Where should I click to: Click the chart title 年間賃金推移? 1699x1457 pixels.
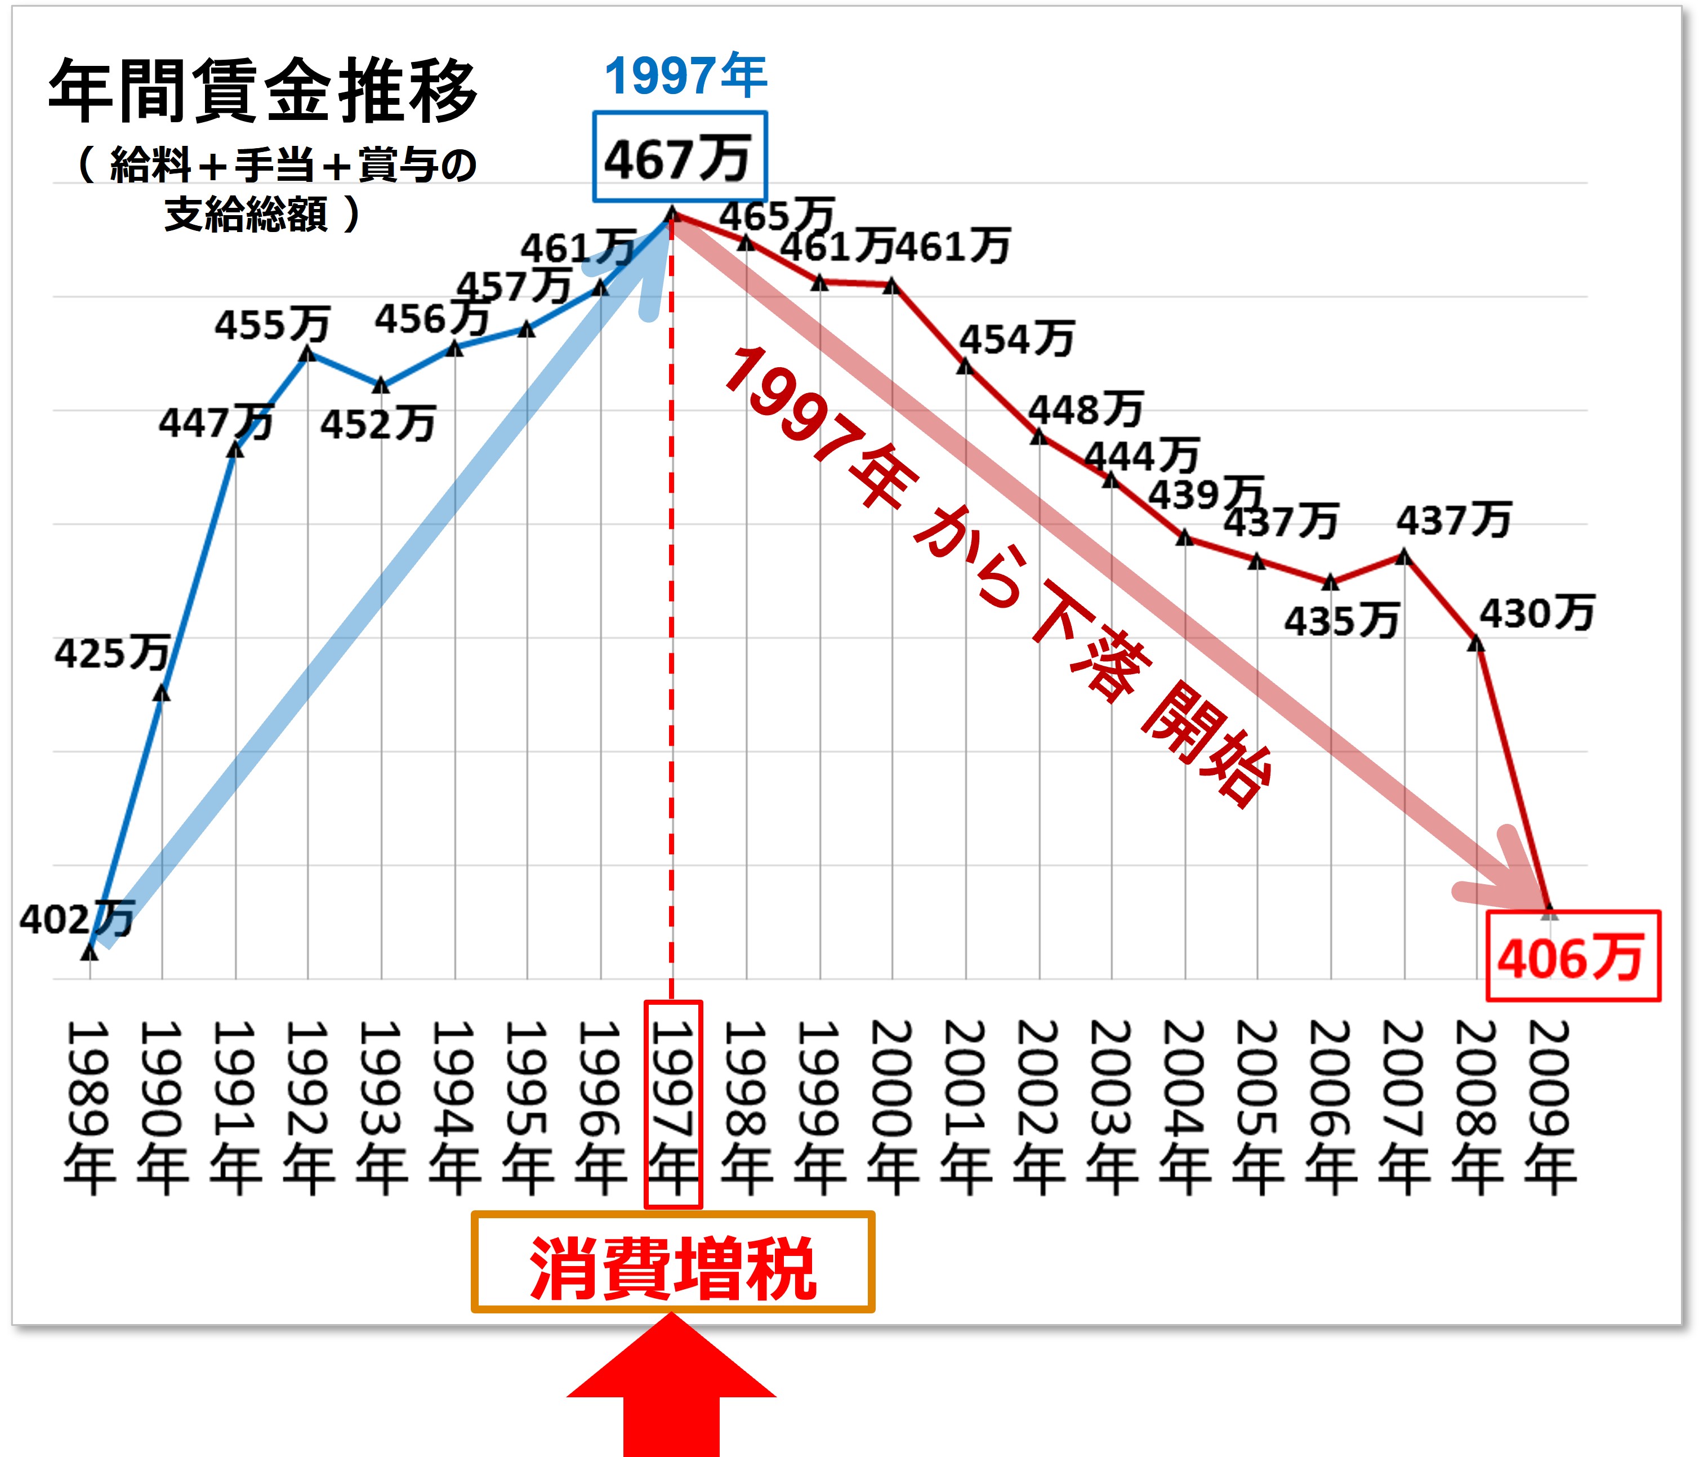262,91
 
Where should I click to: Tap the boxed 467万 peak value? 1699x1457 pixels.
679,158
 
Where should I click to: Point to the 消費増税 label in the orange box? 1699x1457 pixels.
672,1268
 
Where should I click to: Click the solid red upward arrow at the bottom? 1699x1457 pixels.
671,1394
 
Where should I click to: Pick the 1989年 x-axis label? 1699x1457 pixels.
88,1107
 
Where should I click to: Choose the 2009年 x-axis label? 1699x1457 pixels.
1550,1107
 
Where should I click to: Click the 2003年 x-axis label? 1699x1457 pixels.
1112,1107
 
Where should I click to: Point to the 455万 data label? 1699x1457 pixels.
272,324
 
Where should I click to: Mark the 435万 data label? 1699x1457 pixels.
1341,621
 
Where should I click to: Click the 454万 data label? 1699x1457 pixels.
1017,338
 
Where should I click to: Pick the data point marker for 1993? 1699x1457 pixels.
381,385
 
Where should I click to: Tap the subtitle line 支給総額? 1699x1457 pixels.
246,215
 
